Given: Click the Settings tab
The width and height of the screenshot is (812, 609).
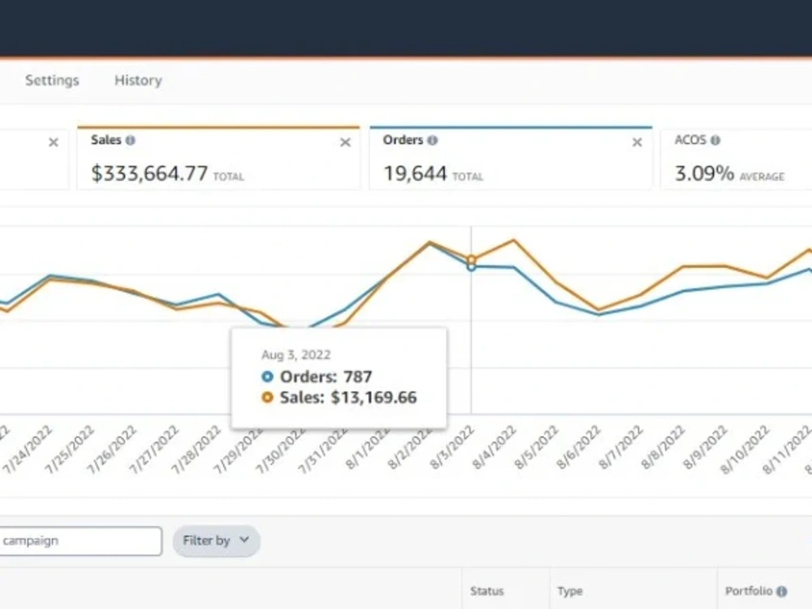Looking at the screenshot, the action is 52,80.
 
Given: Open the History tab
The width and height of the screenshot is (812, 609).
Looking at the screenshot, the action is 138,80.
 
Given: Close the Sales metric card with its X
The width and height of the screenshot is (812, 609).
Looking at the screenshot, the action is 345,142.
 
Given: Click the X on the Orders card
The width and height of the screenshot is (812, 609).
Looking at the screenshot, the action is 637,142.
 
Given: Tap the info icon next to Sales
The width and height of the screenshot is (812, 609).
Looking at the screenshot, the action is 131,140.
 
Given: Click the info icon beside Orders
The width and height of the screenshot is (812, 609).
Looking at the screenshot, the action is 433,140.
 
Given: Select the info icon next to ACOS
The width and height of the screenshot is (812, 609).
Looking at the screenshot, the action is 715,140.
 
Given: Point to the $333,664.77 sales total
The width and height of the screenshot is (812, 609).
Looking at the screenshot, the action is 149,174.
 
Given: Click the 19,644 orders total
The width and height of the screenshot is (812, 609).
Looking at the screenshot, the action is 415,174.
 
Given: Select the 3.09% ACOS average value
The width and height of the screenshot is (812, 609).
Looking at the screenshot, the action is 704,174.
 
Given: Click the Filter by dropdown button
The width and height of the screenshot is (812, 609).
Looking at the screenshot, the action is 216,541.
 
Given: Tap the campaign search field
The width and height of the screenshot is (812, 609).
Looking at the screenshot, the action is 80,541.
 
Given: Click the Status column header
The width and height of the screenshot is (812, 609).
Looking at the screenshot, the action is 486,591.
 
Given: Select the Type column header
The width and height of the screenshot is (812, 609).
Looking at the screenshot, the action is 570,591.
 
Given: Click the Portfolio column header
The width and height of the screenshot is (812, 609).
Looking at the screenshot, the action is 749,591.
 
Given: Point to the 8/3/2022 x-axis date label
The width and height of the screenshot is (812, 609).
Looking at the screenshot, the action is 452,447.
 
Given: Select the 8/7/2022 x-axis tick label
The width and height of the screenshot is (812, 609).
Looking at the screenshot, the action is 621,447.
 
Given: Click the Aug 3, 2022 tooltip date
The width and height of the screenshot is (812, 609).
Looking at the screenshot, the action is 296,355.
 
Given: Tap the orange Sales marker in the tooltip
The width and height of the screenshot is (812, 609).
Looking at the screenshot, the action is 267,397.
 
